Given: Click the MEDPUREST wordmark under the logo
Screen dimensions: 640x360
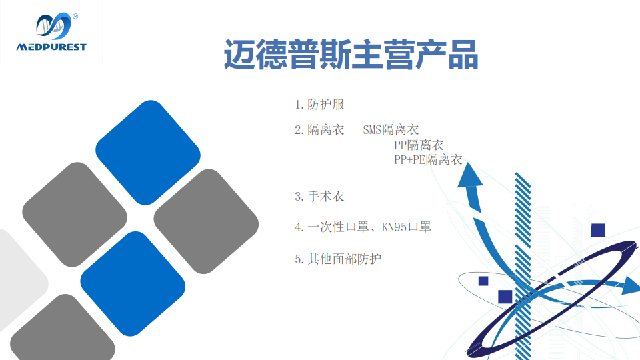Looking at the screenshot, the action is pyautogui.click(x=51, y=47).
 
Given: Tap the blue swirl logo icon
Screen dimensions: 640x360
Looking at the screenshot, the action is pyautogui.click(x=53, y=26).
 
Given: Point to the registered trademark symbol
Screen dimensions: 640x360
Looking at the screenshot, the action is pyautogui.click(x=75, y=16).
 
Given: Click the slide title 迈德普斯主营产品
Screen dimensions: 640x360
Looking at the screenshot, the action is pyautogui.click(x=351, y=55).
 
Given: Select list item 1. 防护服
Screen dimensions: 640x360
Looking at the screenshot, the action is pyautogui.click(x=319, y=105).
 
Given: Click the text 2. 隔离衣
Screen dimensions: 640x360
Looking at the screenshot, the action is pyautogui.click(x=319, y=130).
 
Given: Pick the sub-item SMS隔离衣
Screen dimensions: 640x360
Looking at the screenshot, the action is pyautogui.click(x=391, y=130).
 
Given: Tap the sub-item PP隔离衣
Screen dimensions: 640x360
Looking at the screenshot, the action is pyautogui.click(x=419, y=145).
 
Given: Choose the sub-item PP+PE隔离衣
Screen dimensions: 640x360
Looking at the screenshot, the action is pyautogui.click(x=428, y=159).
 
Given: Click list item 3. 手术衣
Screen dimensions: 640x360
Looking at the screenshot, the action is pyautogui.click(x=319, y=196).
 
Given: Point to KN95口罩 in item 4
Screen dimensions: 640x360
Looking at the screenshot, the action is pyautogui.click(x=407, y=227).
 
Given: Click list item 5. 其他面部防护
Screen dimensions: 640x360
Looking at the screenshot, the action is pyautogui.click(x=338, y=259).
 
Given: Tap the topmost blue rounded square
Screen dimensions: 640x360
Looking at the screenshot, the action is pyautogui.click(x=148, y=153).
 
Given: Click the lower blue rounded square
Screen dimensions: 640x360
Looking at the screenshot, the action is pyautogui.click(x=133, y=284).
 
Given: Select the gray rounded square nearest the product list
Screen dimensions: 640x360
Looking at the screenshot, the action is pyautogui.click(x=206, y=221).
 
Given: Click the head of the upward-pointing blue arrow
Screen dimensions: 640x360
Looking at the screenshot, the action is pyautogui.click(x=469, y=175).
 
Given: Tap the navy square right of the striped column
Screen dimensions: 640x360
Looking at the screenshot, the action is pyautogui.click(x=597, y=230).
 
